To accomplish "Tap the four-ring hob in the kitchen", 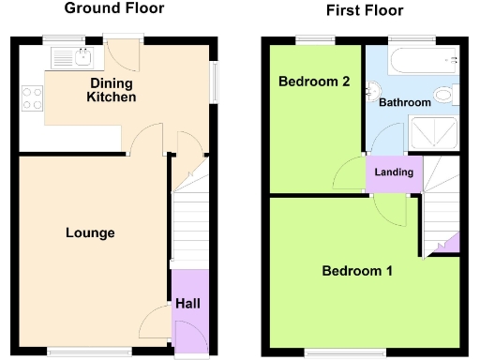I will pyautogui.click(x=30, y=97).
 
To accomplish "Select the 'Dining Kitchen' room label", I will pyautogui.click(x=112, y=90).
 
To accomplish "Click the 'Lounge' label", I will pyautogui.click(x=90, y=232).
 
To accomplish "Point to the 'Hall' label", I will pyautogui.click(x=187, y=303).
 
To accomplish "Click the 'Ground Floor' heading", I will pyautogui.click(x=113, y=9).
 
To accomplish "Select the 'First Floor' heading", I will pyautogui.click(x=365, y=11).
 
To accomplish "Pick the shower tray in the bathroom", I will pyautogui.click(x=434, y=134).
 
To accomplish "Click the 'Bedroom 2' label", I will pyautogui.click(x=314, y=82).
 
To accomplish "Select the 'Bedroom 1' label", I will pyautogui.click(x=357, y=271).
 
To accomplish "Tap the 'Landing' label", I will pyautogui.click(x=393, y=172).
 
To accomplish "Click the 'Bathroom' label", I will pyautogui.click(x=404, y=102).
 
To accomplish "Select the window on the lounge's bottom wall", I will pyautogui.click(x=77, y=352).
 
